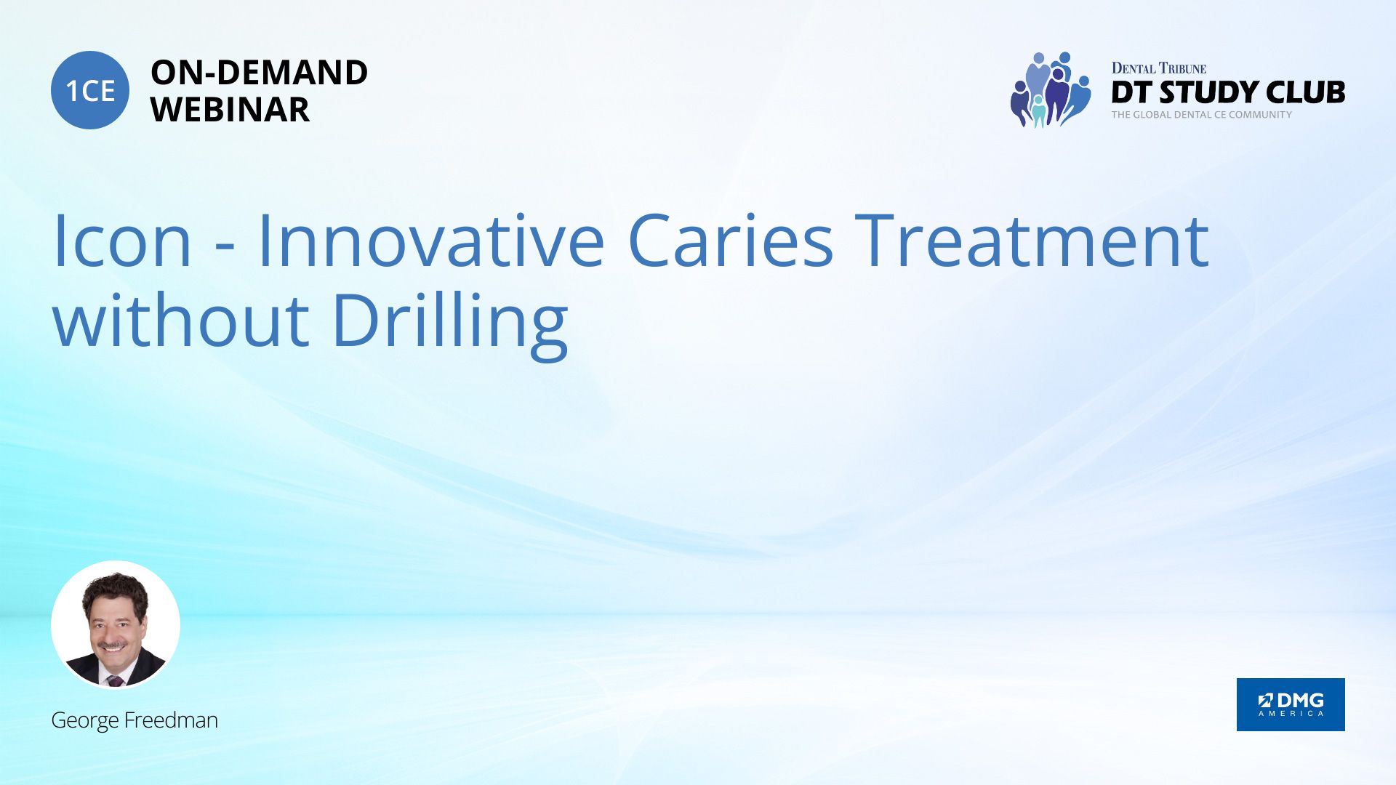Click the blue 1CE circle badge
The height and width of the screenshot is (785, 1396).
click(x=90, y=90)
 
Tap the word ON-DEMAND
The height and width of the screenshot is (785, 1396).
click(x=259, y=73)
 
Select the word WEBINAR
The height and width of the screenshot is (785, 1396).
click(x=230, y=110)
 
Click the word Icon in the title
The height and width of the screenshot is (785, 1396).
click(x=122, y=241)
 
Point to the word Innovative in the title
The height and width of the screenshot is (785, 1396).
click(x=430, y=241)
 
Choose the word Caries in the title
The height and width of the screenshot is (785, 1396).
click(x=730, y=241)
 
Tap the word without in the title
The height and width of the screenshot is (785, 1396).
click(x=181, y=321)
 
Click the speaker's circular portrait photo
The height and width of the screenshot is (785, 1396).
click(x=116, y=625)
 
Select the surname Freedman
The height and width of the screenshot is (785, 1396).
click(x=171, y=720)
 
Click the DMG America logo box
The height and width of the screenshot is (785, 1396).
click(x=1291, y=704)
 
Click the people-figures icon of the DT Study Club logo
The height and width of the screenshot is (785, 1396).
click(x=1051, y=89)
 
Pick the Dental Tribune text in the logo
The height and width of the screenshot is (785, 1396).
click(x=1159, y=68)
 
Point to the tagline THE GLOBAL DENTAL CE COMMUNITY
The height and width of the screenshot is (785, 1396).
click(x=1202, y=115)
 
